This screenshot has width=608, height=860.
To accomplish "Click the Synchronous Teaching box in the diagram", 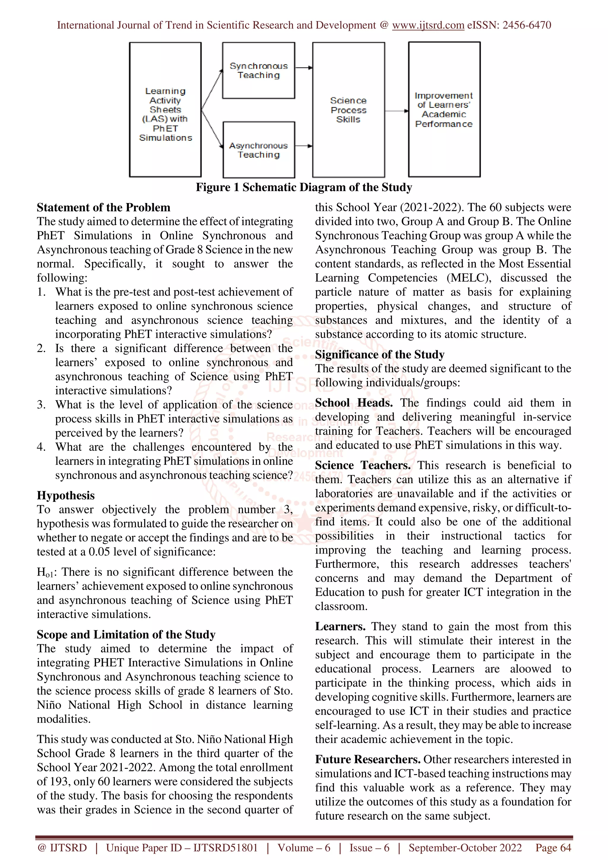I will (259, 70).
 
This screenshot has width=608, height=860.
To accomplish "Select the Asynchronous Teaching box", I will (259, 150).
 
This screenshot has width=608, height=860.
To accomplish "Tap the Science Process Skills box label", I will (349, 110).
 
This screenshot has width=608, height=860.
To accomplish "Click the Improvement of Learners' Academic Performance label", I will (444, 110).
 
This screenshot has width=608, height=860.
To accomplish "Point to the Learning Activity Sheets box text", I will (165, 114).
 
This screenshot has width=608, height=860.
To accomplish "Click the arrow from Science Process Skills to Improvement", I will (396, 111).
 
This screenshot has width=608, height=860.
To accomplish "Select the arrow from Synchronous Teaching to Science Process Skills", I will (303, 68).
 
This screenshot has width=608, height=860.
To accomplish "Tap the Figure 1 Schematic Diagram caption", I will (304, 187).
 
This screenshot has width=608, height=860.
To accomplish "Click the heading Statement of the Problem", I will (103, 207).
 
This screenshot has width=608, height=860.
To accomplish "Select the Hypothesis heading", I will (66, 495).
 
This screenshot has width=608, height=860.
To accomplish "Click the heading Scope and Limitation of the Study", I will (126, 634).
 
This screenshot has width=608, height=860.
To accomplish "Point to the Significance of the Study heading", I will (379, 354).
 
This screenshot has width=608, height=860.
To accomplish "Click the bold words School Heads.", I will (354, 403).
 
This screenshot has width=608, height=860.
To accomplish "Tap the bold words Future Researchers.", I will (368, 759).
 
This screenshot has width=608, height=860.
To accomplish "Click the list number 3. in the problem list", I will (41, 404).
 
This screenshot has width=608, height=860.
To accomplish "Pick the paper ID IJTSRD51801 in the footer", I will (226, 848).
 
